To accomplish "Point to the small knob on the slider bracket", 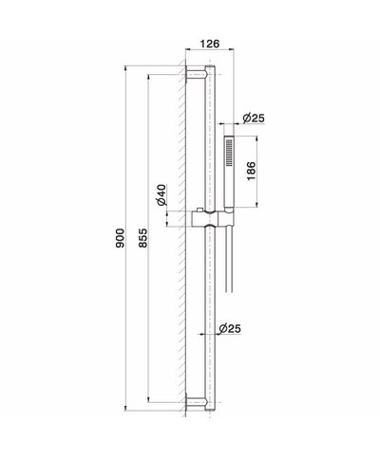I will (x=200, y=210).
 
